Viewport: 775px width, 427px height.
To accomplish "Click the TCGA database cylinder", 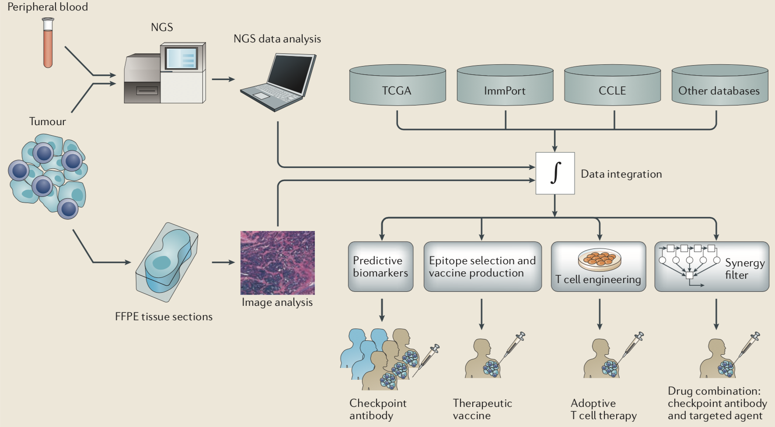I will tap(397, 86).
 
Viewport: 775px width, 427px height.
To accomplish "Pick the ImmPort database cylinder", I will tap(505, 86).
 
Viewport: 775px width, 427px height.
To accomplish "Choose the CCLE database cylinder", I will tap(612, 86).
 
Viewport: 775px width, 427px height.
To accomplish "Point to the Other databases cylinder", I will tap(719, 86).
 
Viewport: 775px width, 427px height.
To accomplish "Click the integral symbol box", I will tap(555, 173).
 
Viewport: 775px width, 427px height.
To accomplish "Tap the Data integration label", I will tap(621, 174).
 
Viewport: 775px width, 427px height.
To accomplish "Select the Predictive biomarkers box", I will tap(381, 266).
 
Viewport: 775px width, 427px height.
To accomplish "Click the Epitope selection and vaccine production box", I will tap(482, 266).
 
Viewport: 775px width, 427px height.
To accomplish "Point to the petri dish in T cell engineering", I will tap(599, 259).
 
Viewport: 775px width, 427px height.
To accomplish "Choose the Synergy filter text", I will tap(744, 269).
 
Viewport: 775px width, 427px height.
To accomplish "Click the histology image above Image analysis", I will tap(277, 262).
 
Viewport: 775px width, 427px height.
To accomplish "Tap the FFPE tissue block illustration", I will tap(167, 262).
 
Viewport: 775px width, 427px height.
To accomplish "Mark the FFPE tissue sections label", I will tap(164, 317).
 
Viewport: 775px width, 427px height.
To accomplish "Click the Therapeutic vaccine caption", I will tap(482, 409).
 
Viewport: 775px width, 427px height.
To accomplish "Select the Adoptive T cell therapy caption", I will tap(603, 409).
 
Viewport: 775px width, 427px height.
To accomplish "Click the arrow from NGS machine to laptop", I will tap(223, 79).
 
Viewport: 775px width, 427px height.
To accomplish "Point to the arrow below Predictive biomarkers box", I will tap(382, 310).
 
